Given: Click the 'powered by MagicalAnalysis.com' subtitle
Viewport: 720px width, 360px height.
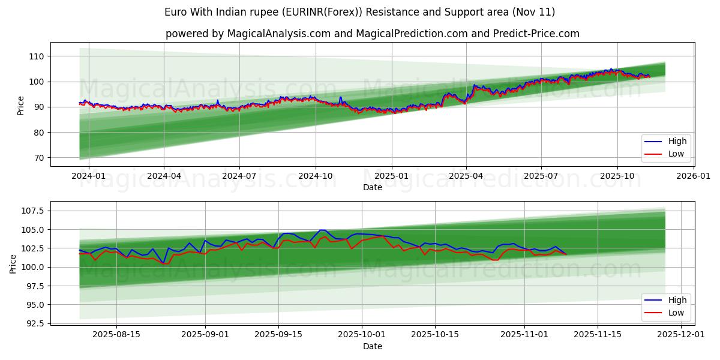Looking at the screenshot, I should pyautogui.click(x=372, y=34).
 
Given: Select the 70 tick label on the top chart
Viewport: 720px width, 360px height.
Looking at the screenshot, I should pyautogui.click(x=37, y=158).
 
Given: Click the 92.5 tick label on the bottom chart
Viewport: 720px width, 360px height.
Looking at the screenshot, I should pyautogui.click(x=32, y=323).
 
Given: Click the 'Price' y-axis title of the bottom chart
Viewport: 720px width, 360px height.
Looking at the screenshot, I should pyautogui.click(x=13, y=263).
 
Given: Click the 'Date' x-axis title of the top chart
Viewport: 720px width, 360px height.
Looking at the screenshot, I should pyautogui.click(x=372, y=188).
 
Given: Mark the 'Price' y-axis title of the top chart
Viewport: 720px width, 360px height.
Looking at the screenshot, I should pyautogui.click(x=21, y=105).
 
